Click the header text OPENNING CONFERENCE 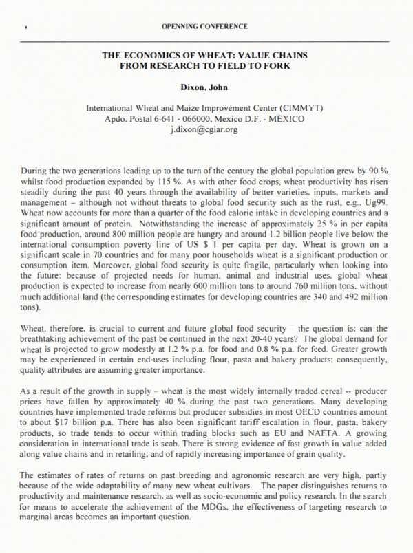tap(204, 26)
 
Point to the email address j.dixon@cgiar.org tap(204, 129)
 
